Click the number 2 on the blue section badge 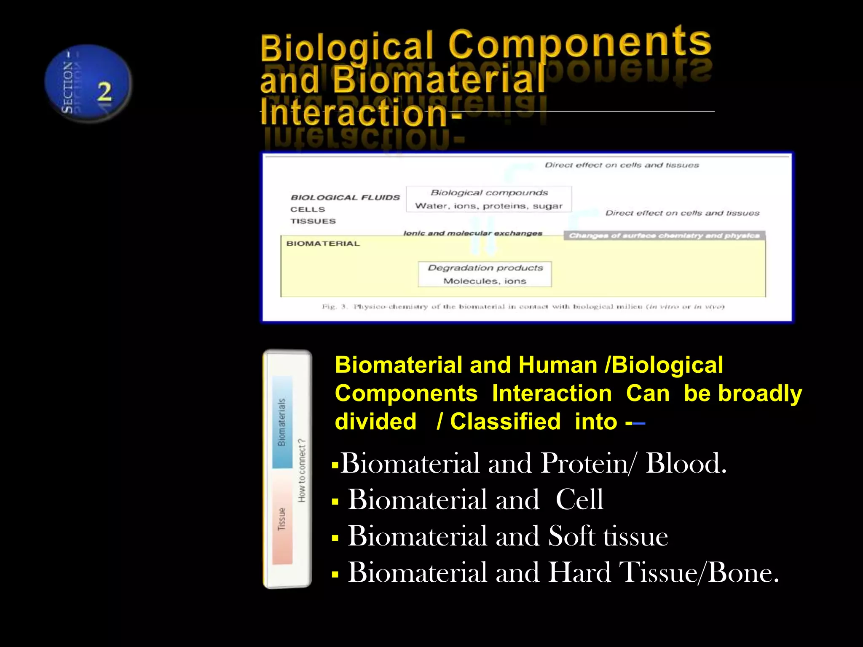[105, 91]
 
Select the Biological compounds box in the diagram [489, 199]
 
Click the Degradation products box [485, 274]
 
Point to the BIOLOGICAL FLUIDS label [345, 198]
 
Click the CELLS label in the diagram [308, 209]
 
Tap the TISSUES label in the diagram [313, 221]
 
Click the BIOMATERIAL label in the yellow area [323, 243]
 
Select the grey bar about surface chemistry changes [664, 235]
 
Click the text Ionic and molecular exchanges [472, 233]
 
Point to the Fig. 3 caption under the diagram [523, 307]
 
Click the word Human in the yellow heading [557, 365]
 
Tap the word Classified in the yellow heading [505, 422]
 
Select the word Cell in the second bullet [579, 500]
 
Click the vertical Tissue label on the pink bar [282, 519]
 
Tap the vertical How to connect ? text [302, 471]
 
